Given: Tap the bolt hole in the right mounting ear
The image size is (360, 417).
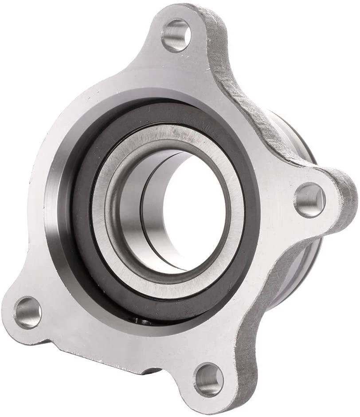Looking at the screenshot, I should click(x=310, y=200).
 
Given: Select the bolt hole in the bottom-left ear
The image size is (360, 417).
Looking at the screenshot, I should click(x=27, y=312).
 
